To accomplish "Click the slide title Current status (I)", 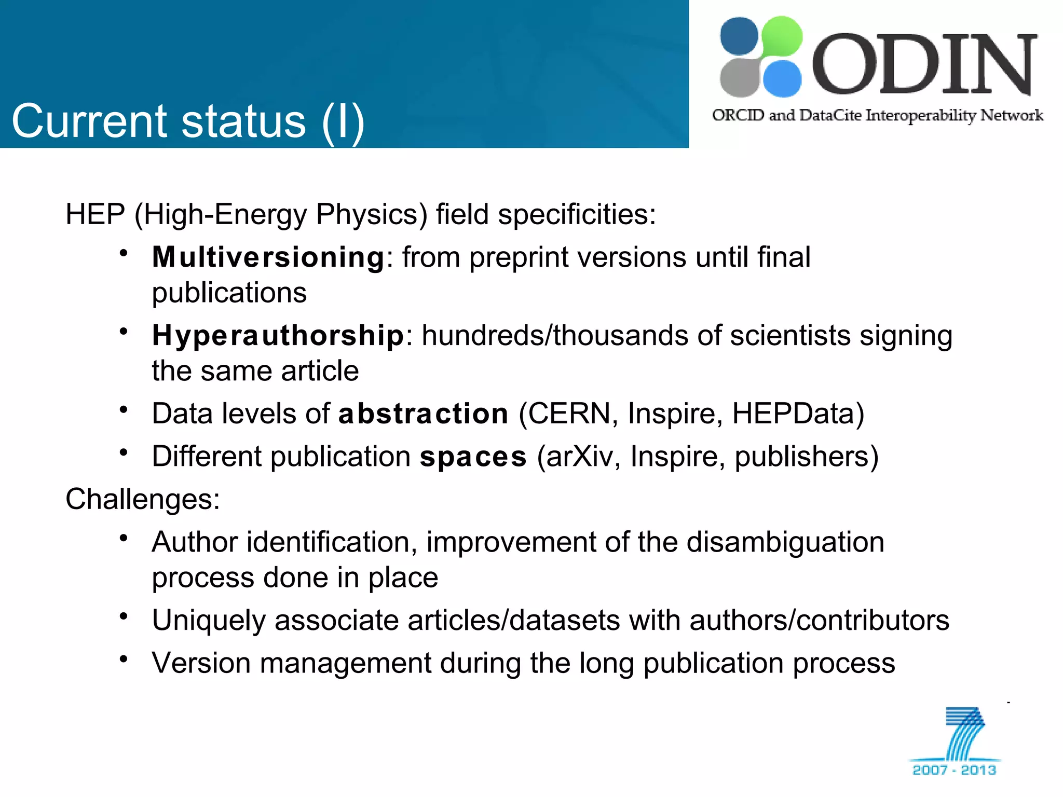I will (x=188, y=121).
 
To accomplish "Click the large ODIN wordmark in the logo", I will (x=924, y=64).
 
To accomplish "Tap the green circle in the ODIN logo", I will (x=780, y=36).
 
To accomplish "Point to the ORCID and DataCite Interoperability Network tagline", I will (x=877, y=115).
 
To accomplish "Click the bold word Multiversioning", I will (x=268, y=257).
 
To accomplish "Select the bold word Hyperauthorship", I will (x=278, y=336).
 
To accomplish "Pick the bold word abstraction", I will (x=423, y=414).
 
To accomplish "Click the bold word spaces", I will (x=473, y=457).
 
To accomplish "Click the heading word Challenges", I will (x=142, y=500).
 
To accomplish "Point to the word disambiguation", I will (x=785, y=543).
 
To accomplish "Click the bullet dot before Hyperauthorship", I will (x=124, y=331).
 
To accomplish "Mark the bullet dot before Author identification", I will (x=124, y=538).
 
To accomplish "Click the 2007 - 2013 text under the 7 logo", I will (x=954, y=770).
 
